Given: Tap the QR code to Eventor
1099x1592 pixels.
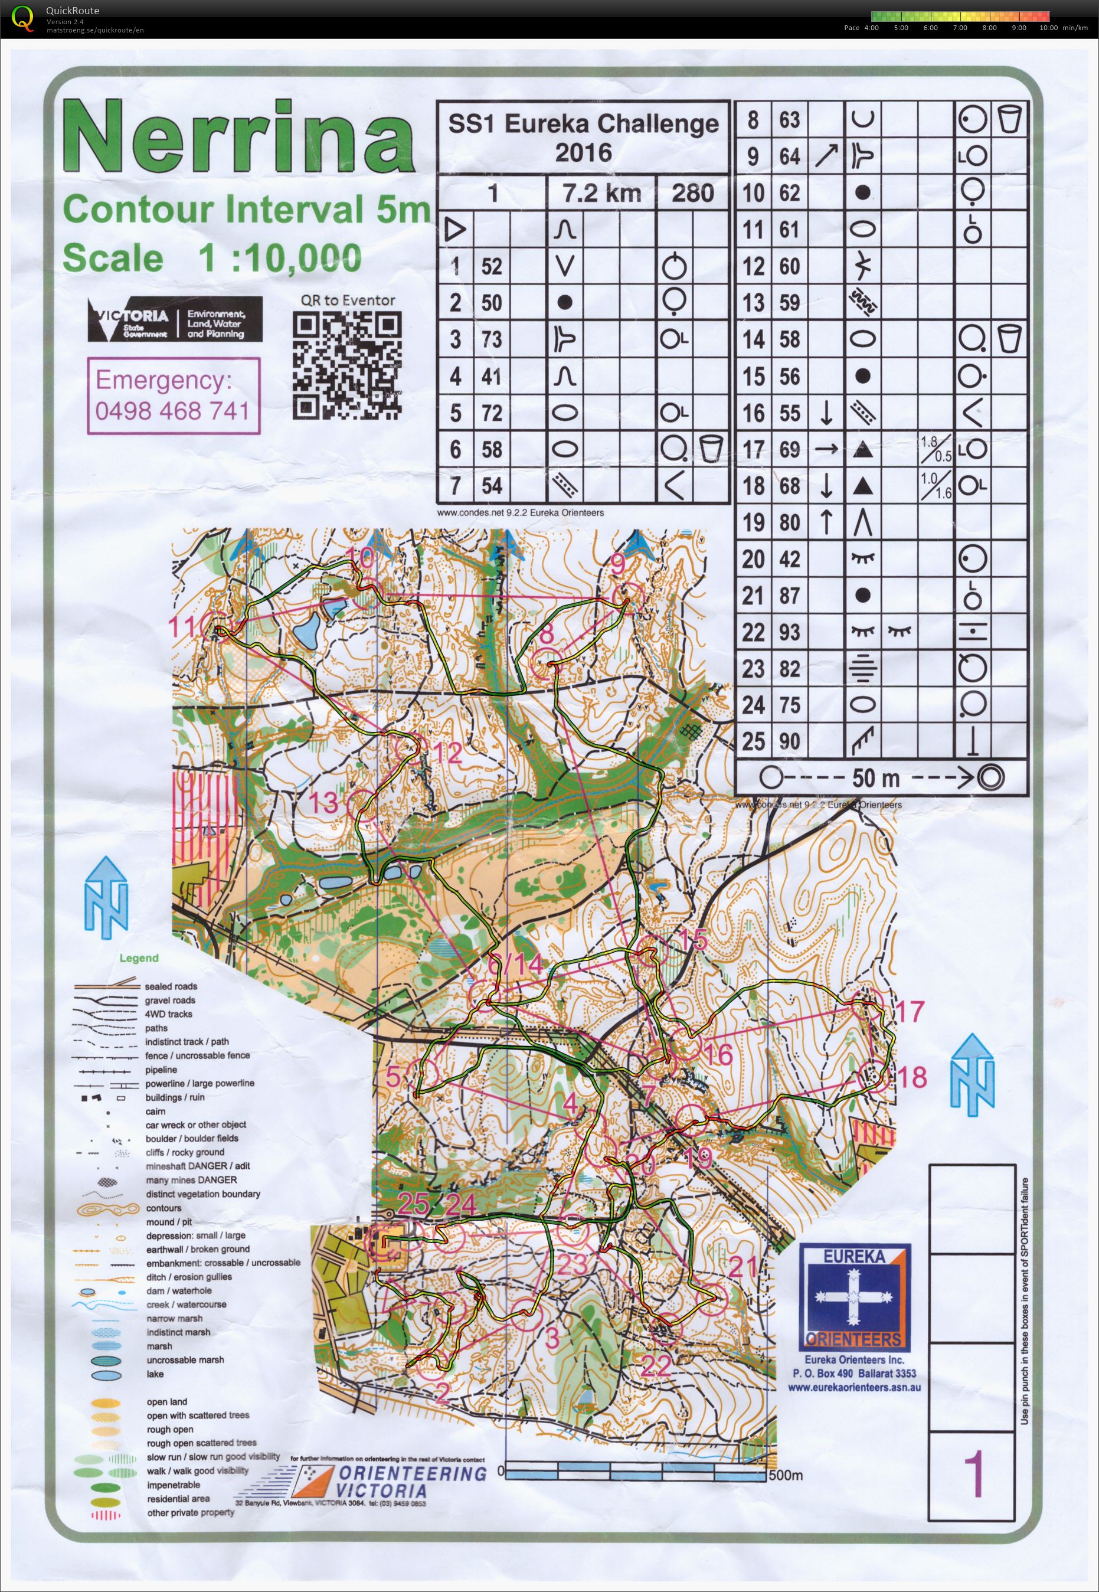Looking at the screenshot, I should point(347,365).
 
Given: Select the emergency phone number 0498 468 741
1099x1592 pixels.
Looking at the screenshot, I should point(172,410).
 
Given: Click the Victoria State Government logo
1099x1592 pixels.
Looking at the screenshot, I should point(175,319).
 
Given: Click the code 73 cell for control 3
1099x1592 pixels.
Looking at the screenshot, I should point(491,339).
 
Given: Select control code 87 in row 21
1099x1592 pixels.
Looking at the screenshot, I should point(789,595).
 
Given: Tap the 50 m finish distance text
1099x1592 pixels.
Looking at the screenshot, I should point(875,778).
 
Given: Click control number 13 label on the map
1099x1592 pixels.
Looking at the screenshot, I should point(323,802).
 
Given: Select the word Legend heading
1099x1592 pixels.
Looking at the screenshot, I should point(139,958).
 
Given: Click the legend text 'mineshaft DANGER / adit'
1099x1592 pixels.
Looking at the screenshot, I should point(198,1166).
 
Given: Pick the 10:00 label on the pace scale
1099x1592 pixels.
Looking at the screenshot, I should point(1048,28).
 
